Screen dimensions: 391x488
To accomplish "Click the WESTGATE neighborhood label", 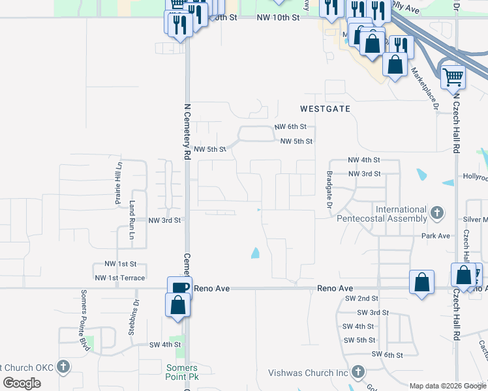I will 325,109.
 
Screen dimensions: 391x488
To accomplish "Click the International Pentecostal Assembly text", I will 382,214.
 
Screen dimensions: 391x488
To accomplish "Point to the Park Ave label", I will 436,235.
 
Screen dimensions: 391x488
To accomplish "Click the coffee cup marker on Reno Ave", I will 180,287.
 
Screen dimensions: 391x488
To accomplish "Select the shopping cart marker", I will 453,77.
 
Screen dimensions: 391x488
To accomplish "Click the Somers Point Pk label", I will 177,372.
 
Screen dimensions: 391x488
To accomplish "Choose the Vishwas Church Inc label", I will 309,373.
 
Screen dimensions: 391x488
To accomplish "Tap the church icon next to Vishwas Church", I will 358,372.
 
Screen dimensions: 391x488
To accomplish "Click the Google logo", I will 22,383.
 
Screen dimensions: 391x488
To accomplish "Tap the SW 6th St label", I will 388,354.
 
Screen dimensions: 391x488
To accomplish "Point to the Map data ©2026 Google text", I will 447,386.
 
